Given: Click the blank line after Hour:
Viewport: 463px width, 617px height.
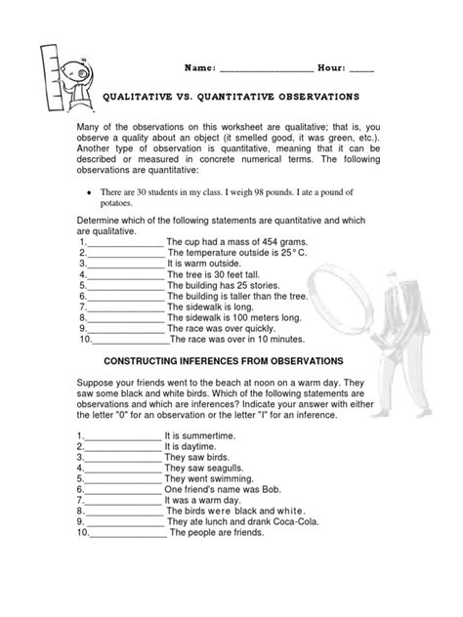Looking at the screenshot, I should (x=360, y=70).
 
